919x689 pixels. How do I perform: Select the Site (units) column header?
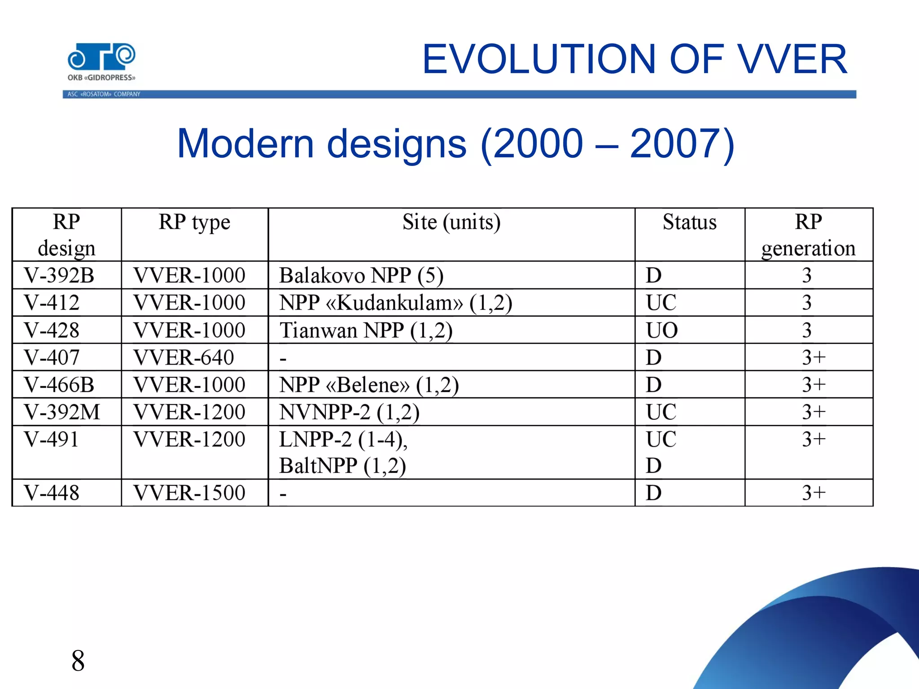pos(451,222)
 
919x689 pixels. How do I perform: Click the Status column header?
pos(689,222)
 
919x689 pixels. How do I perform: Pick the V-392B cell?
pos(59,275)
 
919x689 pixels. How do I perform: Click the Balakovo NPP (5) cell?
pos(361,275)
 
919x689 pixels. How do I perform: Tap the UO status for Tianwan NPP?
pos(661,331)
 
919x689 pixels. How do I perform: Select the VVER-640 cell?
pos(184,358)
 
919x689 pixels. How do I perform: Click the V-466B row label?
pos(59,385)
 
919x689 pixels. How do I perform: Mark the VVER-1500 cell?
pos(189,493)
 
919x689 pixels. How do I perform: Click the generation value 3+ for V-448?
pos(814,493)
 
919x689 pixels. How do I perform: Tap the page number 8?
pos(78,661)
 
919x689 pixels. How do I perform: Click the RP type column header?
pos(194,222)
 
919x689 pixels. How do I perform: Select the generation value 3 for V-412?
pos(807,303)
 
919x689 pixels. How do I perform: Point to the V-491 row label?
pos(52,439)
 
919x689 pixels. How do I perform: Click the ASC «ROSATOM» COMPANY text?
pos(104,94)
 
